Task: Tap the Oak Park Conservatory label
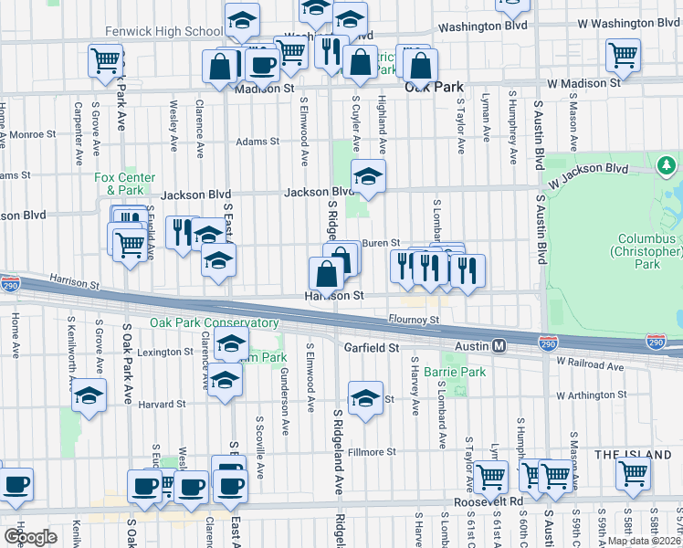215,323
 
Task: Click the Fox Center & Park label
125,184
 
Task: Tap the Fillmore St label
371,451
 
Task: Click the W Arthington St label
593,396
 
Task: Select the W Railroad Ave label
590,363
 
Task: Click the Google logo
29,536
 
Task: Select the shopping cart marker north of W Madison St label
623,55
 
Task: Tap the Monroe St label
31,134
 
